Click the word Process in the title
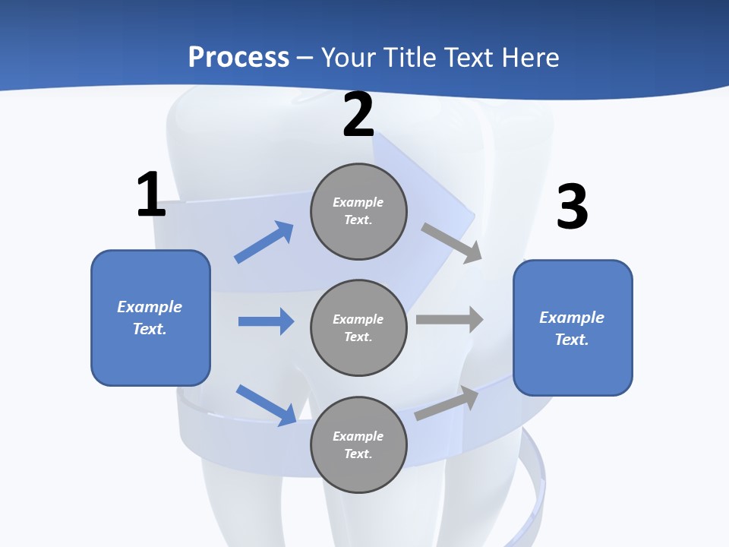click(x=238, y=57)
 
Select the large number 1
click(x=151, y=195)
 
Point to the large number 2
click(x=358, y=115)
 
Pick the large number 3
click(x=572, y=207)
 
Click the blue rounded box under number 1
click(x=150, y=318)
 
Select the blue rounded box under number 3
click(x=573, y=327)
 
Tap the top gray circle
click(x=358, y=211)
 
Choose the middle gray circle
click(x=358, y=327)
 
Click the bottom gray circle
click(x=358, y=444)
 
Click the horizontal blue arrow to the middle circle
click(x=266, y=321)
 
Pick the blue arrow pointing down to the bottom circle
click(x=266, y=405)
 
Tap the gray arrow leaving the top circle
click(x=452, y=242)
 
